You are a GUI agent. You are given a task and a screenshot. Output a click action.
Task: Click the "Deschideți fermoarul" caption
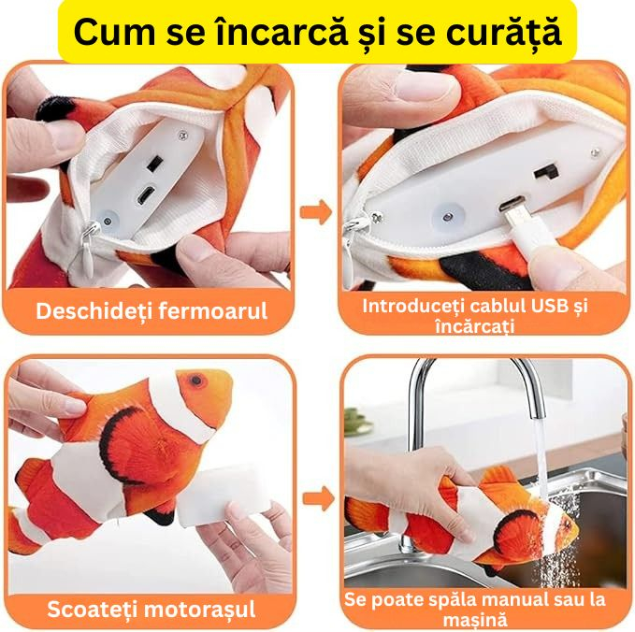(x=152, y=310)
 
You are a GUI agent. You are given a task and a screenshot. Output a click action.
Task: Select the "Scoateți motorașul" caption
(x=152, y=609)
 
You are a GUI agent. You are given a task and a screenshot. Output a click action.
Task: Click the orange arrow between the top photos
(x=317, y=212)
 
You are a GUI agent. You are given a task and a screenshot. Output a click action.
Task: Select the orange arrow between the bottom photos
(x=317, y=497)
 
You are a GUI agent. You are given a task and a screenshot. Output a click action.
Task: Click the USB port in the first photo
(x=146, y=197)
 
